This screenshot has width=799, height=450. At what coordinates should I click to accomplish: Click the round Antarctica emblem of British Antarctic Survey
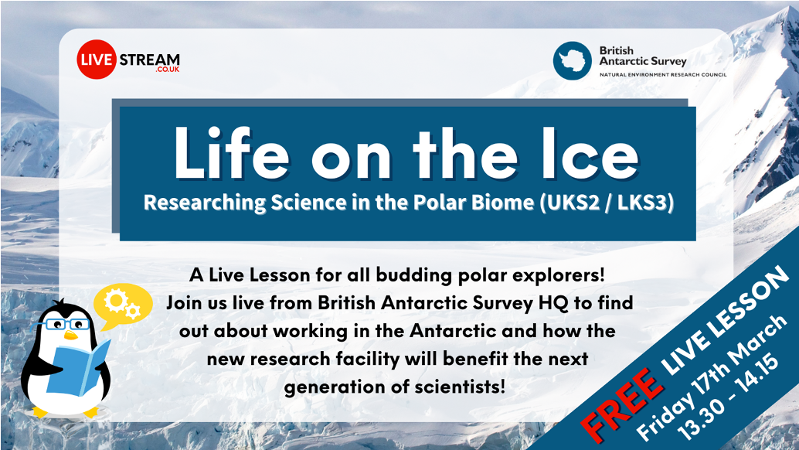click(572, 60)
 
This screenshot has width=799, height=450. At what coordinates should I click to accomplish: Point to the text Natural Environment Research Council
click(662, 75)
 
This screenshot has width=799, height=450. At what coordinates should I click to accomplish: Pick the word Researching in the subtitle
click(195, 203)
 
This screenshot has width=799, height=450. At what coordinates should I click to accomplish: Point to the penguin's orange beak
click(70, 335)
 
